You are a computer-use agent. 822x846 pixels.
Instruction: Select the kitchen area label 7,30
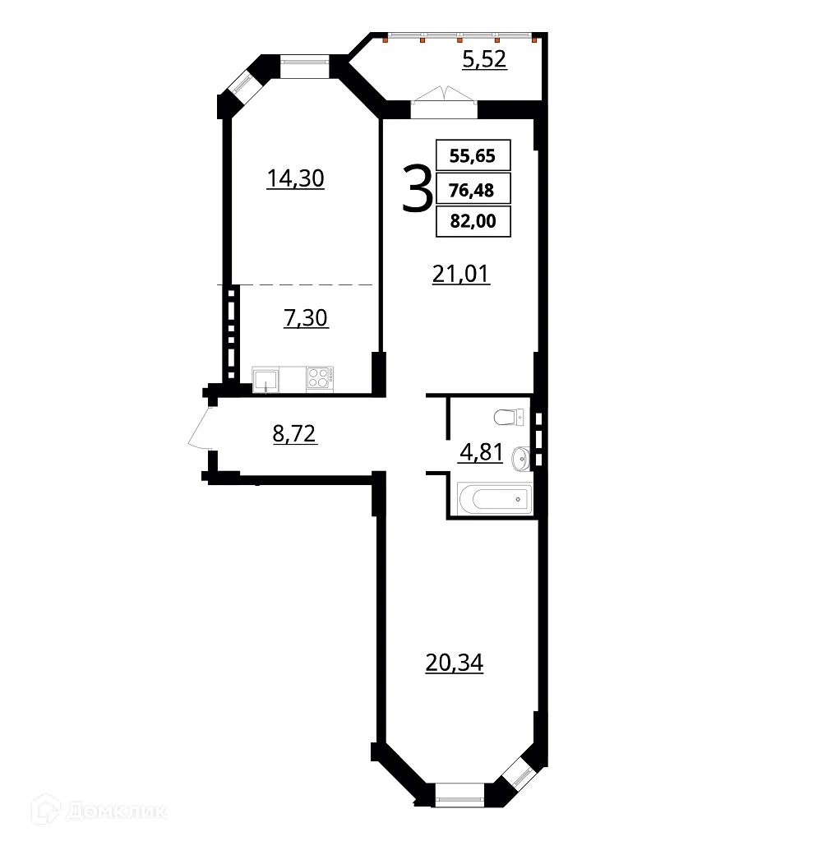tap(306, 318)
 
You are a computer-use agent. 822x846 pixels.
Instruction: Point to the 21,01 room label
tap(461, 274)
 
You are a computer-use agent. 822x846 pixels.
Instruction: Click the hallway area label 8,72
tap(294, 432)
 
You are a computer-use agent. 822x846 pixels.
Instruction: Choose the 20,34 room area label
tap(455, 663)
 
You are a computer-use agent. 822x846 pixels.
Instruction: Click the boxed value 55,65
tap(473, 155)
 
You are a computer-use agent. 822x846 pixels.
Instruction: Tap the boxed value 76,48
tap(473, 189)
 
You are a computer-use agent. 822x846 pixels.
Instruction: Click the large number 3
tap(418, 189)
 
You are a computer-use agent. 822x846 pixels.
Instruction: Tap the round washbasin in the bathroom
tap(520, 457)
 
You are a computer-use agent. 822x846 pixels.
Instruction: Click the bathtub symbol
tap(494, 498)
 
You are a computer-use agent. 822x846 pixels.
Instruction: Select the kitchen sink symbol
tap(266, 379)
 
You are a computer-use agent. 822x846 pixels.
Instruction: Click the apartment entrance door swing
tap(200, 428)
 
